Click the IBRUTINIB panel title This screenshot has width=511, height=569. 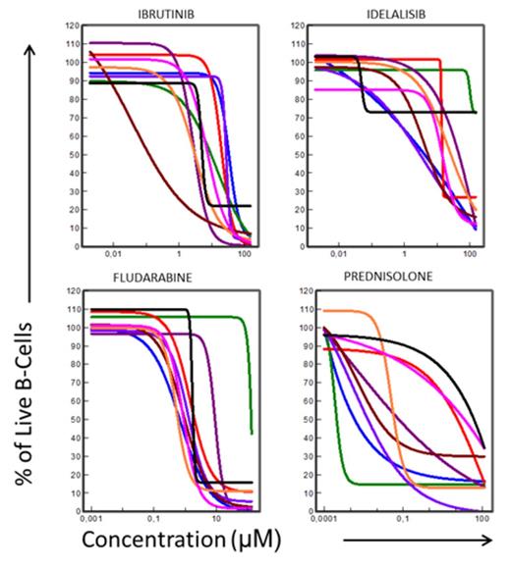coord(172,13)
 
